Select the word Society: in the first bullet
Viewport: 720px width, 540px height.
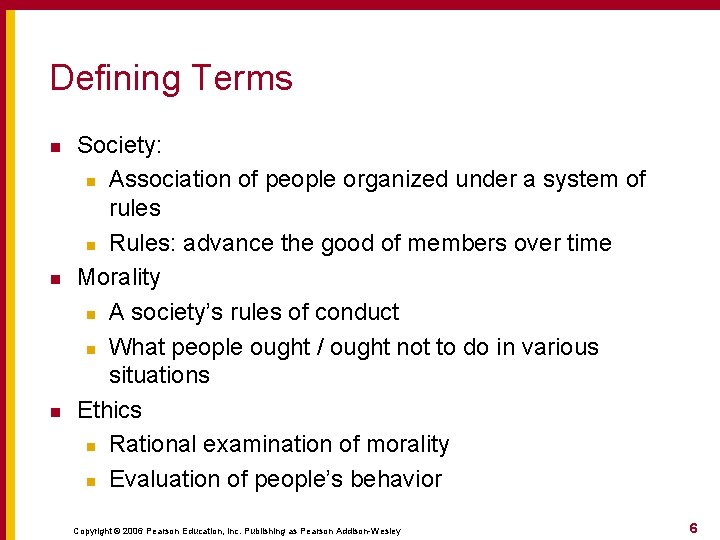(119, 145)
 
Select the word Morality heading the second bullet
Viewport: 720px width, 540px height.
(118, 277)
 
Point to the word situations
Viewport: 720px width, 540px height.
(159, 376)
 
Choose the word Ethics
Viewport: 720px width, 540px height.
(109, 410)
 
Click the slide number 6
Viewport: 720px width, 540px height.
(693, 527)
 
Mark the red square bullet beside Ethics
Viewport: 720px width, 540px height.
(56, 412)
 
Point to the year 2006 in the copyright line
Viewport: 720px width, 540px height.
(135, 530)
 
